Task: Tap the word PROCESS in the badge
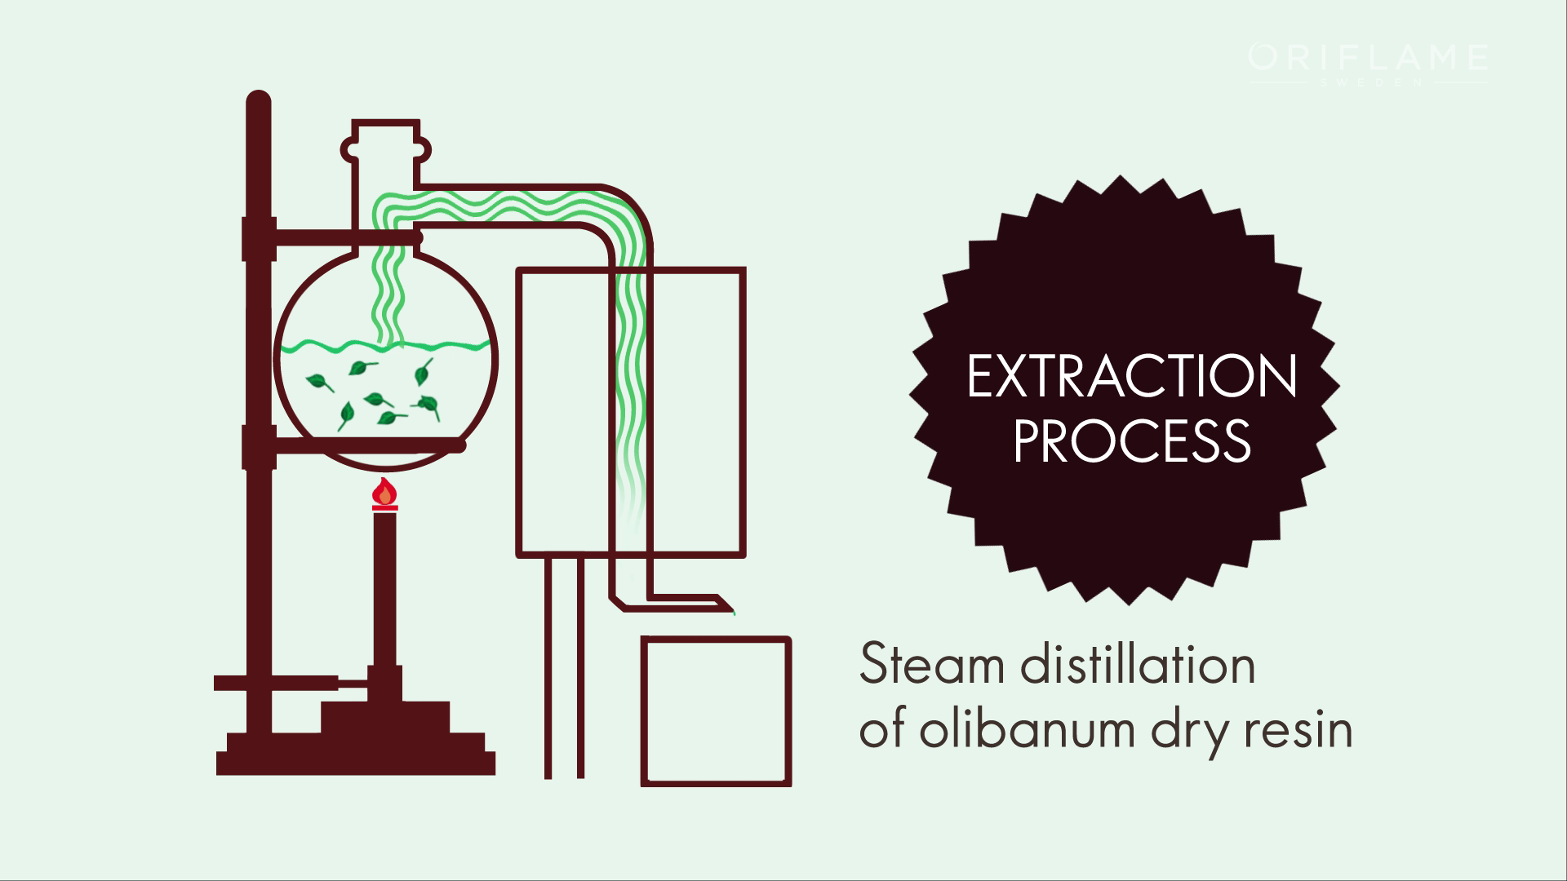(1131, 441)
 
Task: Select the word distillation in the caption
(1138, 665)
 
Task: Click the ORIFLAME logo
(1368, 59)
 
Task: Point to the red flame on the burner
(384, 493)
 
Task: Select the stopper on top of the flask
(386, 142)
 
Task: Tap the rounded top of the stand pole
(258, 103)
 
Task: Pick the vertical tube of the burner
(384, 587)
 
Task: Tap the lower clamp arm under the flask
(367, 445)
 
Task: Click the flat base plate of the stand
(355, 764)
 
